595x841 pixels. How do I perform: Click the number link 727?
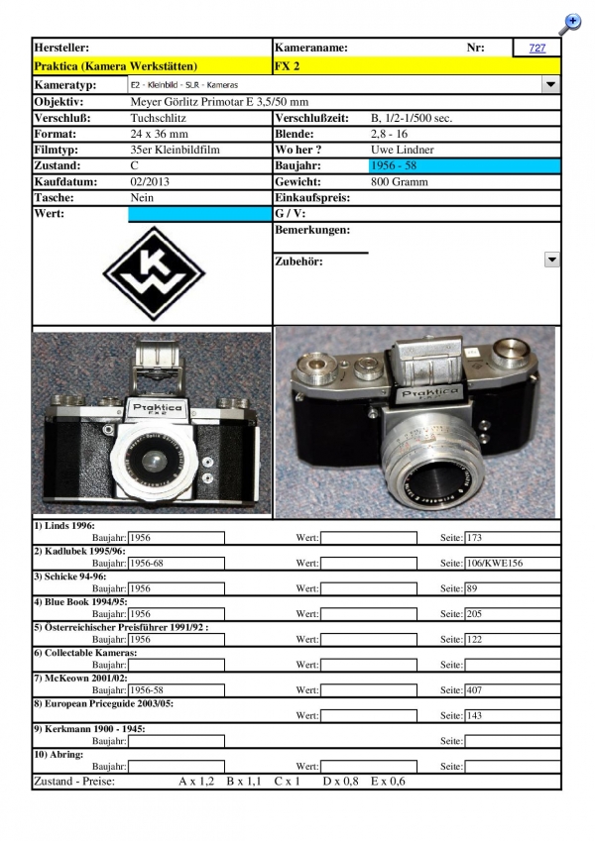tap(536, 48)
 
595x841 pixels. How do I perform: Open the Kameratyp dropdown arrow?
tap(550, 85)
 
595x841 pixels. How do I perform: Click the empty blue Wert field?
tap(198, 214)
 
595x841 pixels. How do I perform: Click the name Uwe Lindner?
tap(403, 150)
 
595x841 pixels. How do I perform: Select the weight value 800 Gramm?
tap(399, 181)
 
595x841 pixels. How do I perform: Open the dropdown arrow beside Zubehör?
tap(550, 260)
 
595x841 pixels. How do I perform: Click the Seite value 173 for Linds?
tap(475, 538)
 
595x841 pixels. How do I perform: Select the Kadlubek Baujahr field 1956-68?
tap(176, 563)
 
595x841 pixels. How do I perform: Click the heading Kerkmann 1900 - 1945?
tap(89, 728)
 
